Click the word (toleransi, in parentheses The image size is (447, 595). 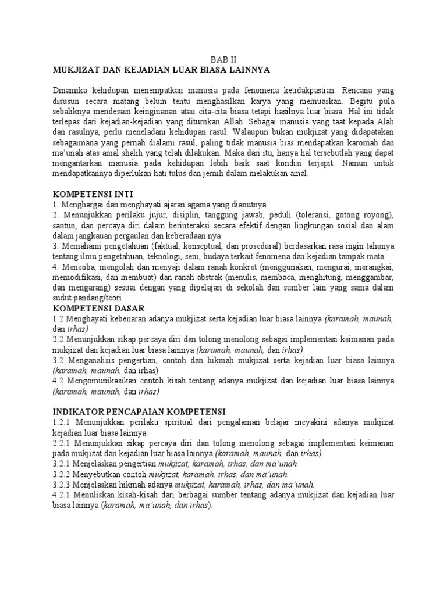[319, 215]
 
